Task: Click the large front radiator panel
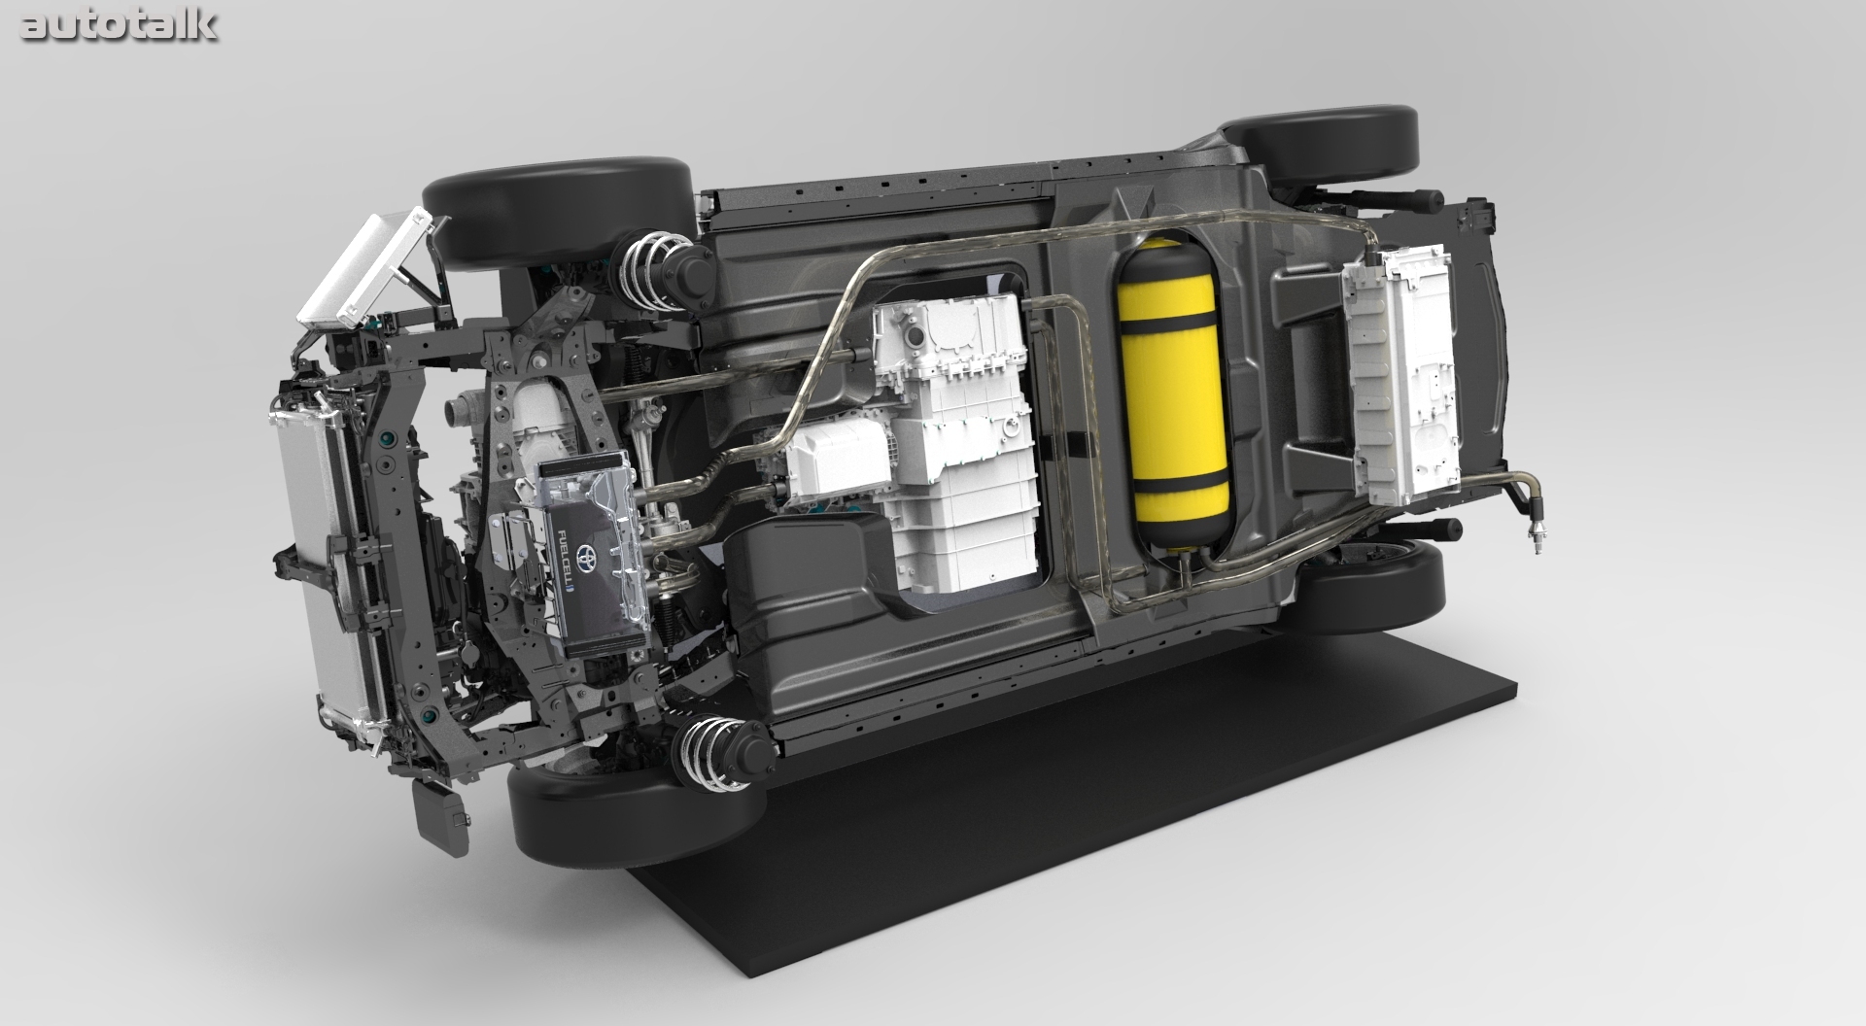(321, 573)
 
